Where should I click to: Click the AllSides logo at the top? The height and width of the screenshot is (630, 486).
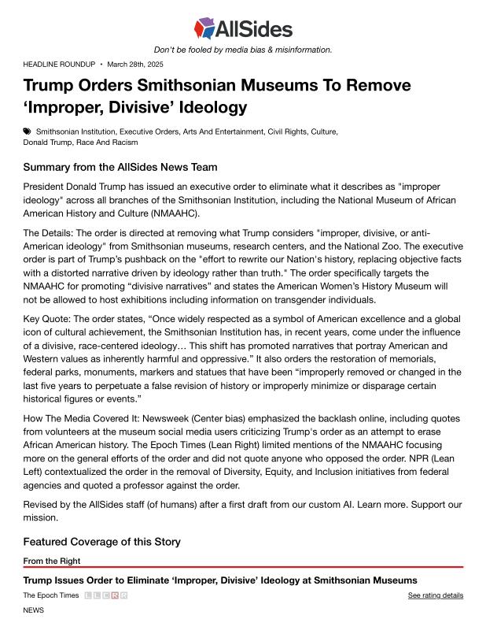243,29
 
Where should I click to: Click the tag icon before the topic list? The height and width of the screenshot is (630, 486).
28,131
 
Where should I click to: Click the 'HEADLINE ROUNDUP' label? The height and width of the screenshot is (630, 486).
59,64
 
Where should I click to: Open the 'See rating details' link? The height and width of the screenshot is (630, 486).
435,595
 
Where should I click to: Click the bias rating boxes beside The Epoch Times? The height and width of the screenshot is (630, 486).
105,595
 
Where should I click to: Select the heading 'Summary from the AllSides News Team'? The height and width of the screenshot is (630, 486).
120,167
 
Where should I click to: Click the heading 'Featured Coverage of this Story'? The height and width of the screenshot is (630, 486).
101,541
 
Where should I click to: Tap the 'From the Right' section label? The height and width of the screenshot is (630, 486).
52,561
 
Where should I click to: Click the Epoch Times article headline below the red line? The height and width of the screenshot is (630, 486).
219,580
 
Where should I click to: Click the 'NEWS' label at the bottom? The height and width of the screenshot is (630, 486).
34,610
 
